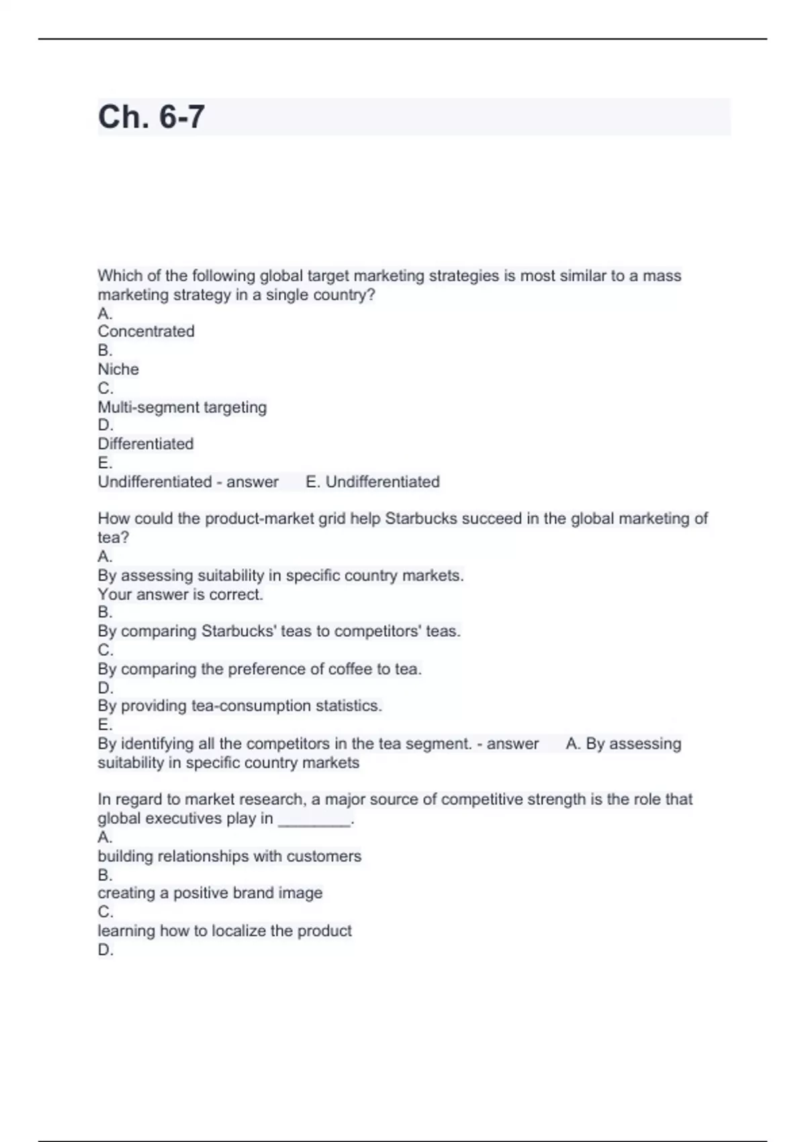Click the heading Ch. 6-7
click(x=151, y=117)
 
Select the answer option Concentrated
click(x=146, y=331)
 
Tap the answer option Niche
click(x=118, y=369)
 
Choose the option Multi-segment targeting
click(x=182, y=407)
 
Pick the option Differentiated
click(x=145, y=443)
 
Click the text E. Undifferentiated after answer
click(x=373, y=482)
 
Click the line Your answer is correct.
click(x=180, y=595)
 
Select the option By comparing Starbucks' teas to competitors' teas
click(x=279, y=631)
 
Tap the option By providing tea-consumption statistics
click(x=240, y=705)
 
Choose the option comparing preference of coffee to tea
click(x=259, y=669)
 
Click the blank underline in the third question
click(x=314, y=820)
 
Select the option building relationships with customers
click(x=229, y=856)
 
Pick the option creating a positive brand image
click(x=210, y=893)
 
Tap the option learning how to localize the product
click(x=224, y=930)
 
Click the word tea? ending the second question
click(x=113, y=537)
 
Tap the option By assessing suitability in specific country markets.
click(x=280, y=576)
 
